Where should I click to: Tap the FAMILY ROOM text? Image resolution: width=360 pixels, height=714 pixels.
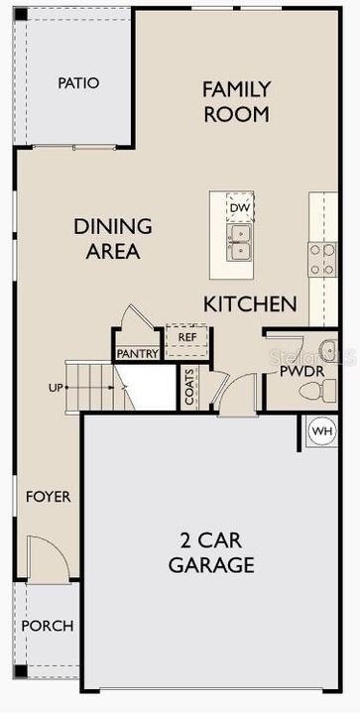[x=237, y=101]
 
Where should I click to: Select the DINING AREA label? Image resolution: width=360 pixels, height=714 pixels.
[x=113, y=239]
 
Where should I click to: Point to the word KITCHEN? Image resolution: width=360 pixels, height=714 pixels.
[x=250, y=303]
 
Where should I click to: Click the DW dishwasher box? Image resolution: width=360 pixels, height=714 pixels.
[x=240, y=208]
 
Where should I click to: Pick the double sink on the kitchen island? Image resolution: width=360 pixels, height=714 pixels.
[x=240, y=242]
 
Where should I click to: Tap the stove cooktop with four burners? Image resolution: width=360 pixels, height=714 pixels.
[x=322, y=259]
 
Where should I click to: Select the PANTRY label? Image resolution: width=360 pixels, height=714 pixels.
[x=138, y=353]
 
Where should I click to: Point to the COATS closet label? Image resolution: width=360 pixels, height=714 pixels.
[x=188, y=387]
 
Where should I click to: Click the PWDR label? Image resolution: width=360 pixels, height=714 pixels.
[x=301, y=371]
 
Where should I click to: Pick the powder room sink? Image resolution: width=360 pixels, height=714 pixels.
[x=327, y=350]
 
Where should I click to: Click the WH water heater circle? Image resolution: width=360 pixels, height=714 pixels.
[x=322, y=430]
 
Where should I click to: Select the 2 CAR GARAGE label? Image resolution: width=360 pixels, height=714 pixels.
[x=211, y=553]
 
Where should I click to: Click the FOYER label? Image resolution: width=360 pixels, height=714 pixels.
[x=49, y=497]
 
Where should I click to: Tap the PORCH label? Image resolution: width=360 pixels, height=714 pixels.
[x=48, y=626]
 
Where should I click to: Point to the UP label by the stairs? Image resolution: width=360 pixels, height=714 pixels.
[x=55, y=388]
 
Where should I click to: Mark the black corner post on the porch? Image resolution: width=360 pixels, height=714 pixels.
[x=21, y=670]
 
